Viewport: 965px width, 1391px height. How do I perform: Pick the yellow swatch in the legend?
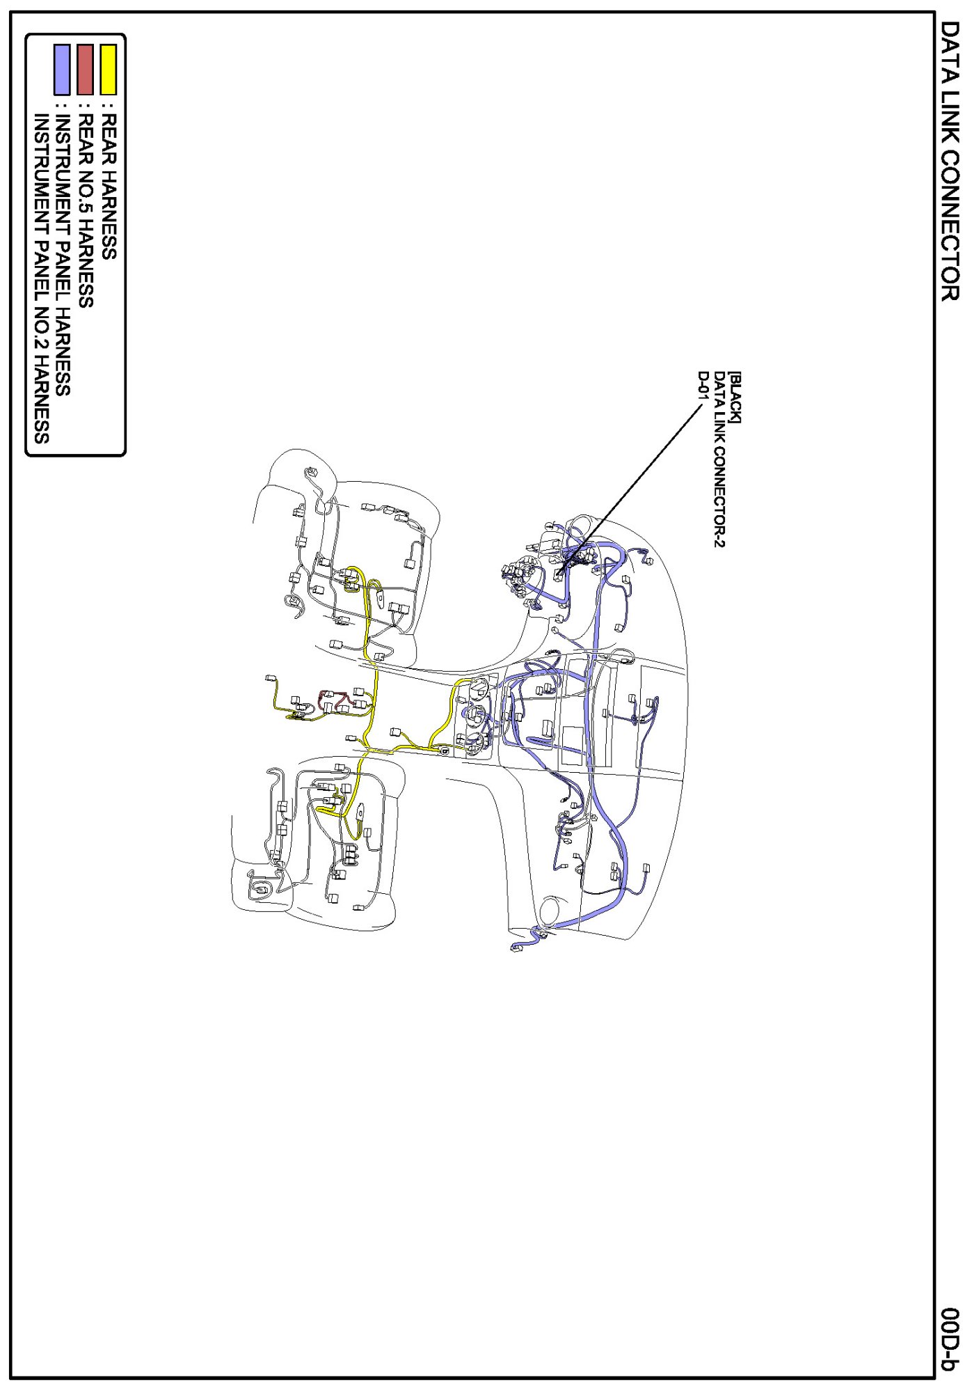[109, 70]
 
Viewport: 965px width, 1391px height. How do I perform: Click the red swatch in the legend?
[85, 70]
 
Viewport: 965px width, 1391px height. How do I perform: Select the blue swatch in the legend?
[62, 70]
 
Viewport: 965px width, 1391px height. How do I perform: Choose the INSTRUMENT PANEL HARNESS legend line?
[62, 255]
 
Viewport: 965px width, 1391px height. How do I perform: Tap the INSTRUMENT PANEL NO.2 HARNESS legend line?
[41, 279]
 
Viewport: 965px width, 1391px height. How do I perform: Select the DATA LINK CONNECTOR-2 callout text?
[719, 459]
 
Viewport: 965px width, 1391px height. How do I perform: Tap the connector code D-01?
[703, 387]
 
